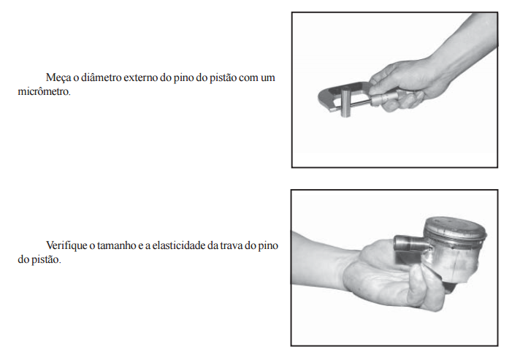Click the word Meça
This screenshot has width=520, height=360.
[x=58, y=77]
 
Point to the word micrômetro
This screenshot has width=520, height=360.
[x=44, y=91]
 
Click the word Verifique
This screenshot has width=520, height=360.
[x=66, y=246]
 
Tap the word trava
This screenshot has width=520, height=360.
[x=231, y=245]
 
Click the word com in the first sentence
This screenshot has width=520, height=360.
[x=248, y=78]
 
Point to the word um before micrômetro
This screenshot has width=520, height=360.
[x=267, y=78]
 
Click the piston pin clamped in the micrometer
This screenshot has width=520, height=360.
[x=345, y=101]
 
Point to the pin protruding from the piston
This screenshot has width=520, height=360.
[x=410, y=245]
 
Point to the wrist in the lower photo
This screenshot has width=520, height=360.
[x=345, y=265]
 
